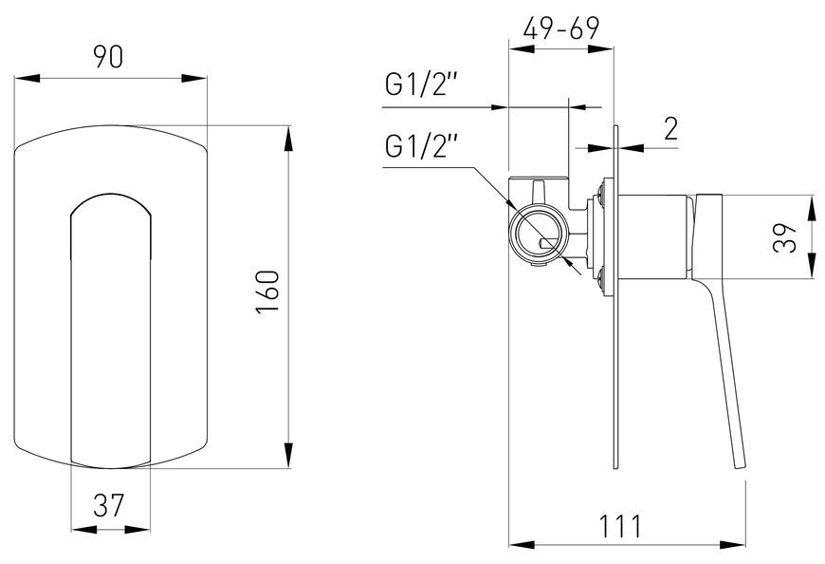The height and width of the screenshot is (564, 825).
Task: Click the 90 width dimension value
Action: tap(108, 57)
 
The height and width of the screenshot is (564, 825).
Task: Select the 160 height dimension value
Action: tap(267, 292)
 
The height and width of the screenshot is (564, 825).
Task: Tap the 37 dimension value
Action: tap(109, 505)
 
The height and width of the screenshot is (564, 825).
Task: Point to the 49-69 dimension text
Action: tap(560, 28)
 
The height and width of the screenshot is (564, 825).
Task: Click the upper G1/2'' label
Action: tap(422, 85)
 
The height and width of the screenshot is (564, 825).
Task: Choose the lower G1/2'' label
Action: tap(422, 146)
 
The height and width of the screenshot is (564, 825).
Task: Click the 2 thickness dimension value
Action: tap(670, 128)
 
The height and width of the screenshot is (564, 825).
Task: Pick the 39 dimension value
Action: tap(786, 238)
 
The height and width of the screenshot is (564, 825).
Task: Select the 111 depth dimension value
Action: tap(621, 526)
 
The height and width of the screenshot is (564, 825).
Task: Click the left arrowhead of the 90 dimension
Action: tap(27, 79)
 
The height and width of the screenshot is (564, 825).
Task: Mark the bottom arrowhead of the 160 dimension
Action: tap(288, 455)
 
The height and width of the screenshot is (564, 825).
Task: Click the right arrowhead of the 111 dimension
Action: tap(732, 544)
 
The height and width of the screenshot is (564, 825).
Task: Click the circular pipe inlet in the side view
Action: tap(539, 234)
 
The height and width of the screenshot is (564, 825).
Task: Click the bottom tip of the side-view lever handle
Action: tap(741, 468)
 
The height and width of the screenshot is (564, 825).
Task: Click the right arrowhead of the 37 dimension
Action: tap(137, 529)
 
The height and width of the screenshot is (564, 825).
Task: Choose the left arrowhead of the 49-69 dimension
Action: tap(522, 49)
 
